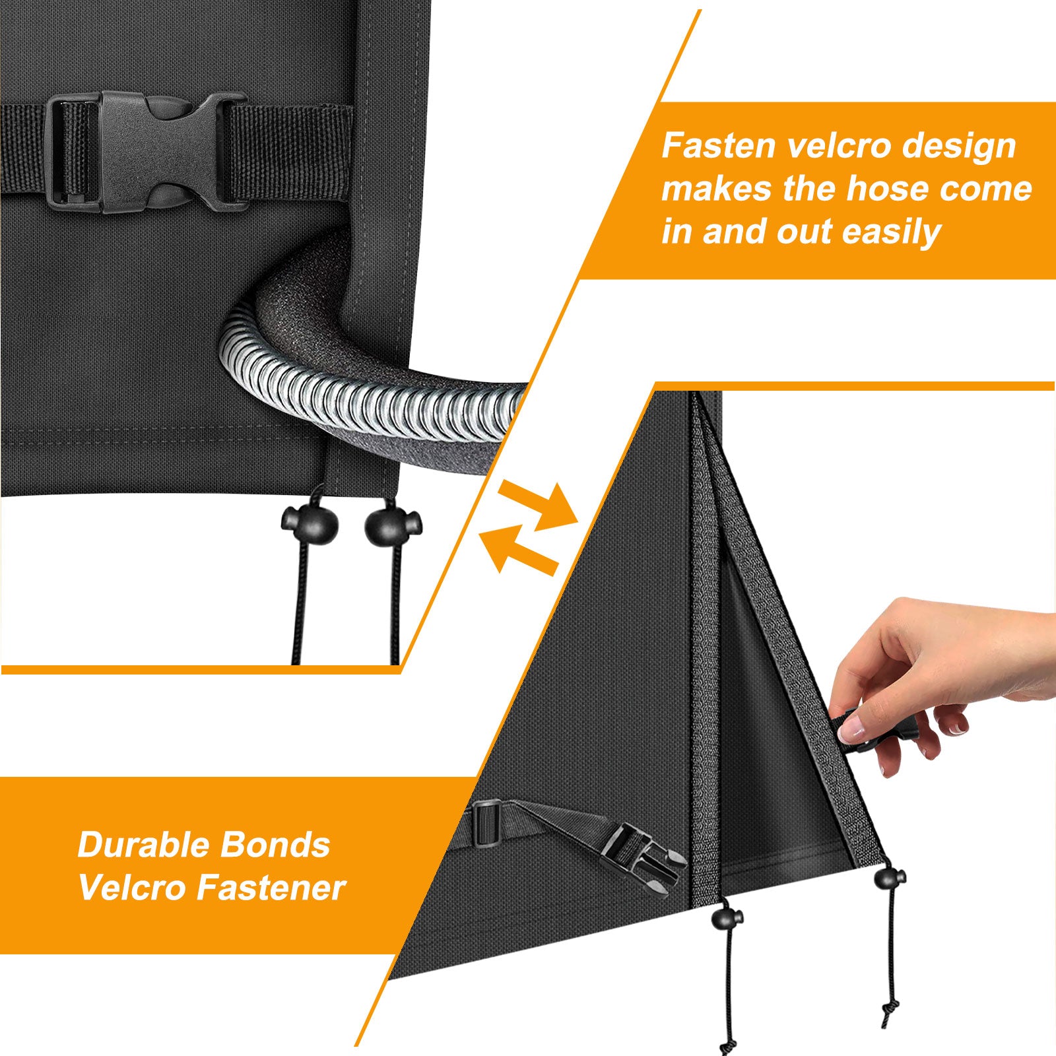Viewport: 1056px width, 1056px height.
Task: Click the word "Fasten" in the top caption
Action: tap(719, 146)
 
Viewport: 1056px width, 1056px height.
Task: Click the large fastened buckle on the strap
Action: tap(148, 152)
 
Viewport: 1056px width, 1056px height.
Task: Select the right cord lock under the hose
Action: tap(392, 521)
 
